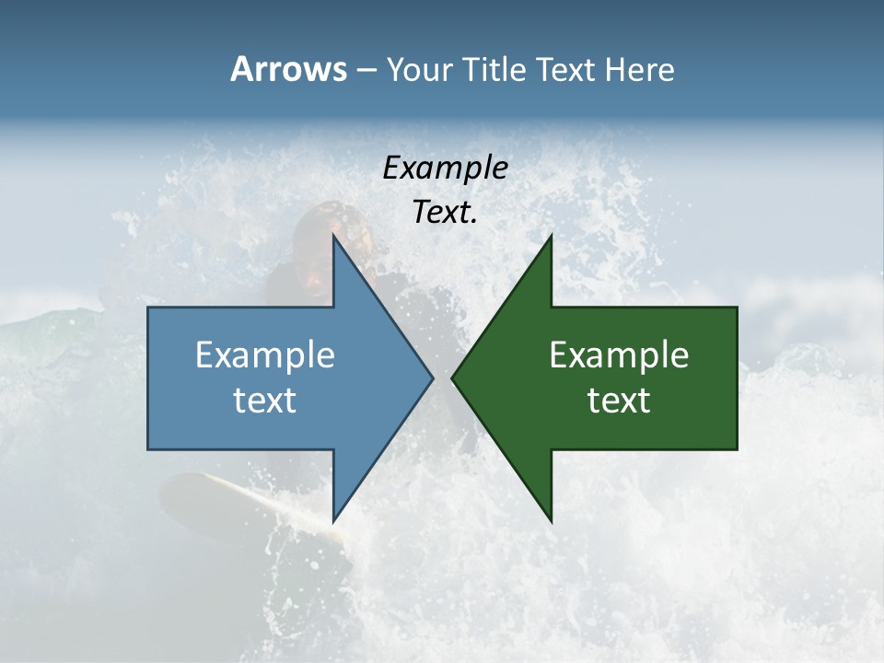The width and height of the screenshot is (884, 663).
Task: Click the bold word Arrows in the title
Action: tap(288, 69)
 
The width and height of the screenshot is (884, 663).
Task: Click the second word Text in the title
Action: tap(568, 70)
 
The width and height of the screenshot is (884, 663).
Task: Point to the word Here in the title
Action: tap(641, 70)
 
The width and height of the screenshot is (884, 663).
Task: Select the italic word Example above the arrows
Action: tap(445, 169)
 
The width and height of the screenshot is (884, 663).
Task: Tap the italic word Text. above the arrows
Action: tap(445, 213)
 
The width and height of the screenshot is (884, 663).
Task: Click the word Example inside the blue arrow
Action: tap(265, 355)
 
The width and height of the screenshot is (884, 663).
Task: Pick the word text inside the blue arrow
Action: tap(265, 400)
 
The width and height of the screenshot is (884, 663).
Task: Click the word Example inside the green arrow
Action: tap(619, 355)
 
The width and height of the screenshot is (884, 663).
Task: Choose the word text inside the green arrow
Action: tap(619, 400)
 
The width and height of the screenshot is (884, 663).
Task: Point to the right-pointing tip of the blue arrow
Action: tap(432, 378)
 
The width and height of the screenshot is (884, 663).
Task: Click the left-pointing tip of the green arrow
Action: tap(452, 378)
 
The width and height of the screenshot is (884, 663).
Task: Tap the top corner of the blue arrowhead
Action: tap(333, 236)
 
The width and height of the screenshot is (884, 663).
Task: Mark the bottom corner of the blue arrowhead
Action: tap(333, 521)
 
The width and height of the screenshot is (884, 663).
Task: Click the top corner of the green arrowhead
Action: tap(551, 236)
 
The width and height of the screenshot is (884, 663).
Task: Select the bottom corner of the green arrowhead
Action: tap(551, 521)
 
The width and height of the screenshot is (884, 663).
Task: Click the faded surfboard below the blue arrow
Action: tap(230, 502)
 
